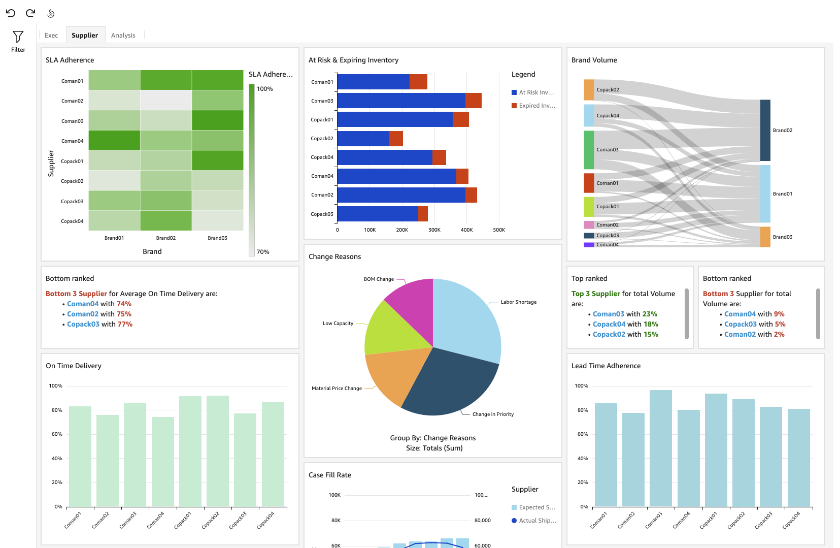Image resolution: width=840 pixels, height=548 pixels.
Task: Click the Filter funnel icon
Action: [x=18, y=37]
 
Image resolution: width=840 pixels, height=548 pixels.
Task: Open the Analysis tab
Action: [x=123, y=35]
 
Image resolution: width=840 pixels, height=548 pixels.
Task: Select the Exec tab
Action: [x=51, y=35]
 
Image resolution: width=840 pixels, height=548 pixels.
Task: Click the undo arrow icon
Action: [x=11, y=13]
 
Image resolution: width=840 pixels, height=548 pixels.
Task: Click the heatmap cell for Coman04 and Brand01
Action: [x=114, y=141]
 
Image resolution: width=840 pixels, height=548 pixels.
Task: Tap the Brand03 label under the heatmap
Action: [x=217, y=238]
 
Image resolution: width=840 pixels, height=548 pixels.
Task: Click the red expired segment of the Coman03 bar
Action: [x=473, y=101]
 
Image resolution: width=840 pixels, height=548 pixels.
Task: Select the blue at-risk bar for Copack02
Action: [x=363, y=139]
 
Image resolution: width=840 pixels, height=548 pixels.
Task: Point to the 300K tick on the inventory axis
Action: [x=434, y=230]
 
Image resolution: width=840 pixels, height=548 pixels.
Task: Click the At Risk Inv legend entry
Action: [x=536, y=92]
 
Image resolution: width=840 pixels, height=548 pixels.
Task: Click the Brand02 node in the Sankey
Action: [x=765, y=130]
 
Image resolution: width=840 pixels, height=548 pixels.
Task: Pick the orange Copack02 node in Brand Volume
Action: [x=589, y=90]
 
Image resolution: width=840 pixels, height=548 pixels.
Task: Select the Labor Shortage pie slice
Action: [x=467, y=315]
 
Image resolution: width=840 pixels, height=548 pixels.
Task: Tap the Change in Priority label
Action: [x=493, y=414]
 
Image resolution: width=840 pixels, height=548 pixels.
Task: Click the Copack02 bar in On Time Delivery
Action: [x=218, y=451]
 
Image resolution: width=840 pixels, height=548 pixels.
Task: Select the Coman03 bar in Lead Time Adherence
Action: [x=660, y=448]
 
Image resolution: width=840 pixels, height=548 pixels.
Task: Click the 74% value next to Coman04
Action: [x=124, y=304]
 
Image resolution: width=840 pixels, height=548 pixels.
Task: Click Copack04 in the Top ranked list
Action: [x=609, y=324]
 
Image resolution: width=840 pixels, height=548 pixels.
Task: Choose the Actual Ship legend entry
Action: [x=537, y=521]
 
